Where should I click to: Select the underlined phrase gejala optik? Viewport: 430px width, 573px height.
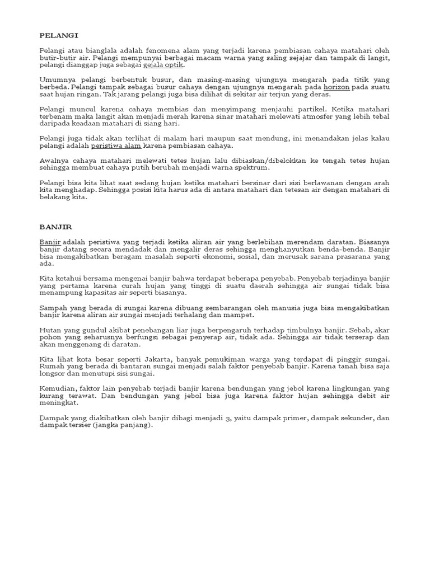(x=165, y=66)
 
